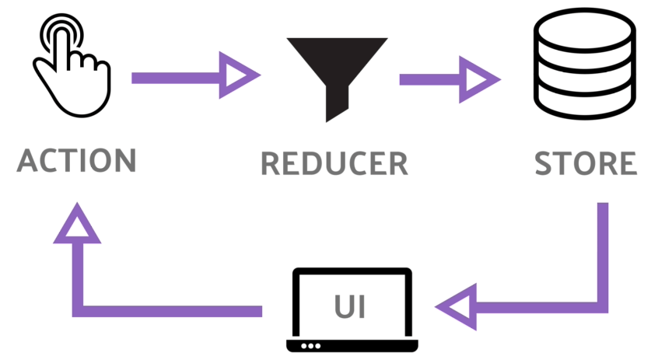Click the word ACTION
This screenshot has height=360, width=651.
(76, 161)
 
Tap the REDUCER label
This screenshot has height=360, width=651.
(334, 163)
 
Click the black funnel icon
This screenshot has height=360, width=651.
(336, 74)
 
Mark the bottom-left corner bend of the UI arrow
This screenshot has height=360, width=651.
(78, 309)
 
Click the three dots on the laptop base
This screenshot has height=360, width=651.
(312, 345)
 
